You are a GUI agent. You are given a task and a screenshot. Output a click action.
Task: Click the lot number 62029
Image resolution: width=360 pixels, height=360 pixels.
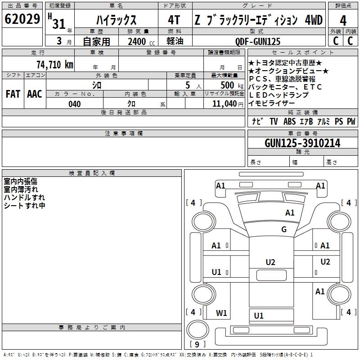point(22,20)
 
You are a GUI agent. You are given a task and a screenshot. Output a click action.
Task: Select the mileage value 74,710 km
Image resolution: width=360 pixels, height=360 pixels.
point(54,64)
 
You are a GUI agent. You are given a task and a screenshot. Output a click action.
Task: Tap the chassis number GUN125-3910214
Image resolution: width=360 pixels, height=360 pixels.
point(302,143)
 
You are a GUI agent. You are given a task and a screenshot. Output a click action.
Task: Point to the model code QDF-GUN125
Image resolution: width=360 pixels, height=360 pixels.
point(258,41)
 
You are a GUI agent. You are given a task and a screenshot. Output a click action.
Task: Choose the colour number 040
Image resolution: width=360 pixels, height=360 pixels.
point(74,104)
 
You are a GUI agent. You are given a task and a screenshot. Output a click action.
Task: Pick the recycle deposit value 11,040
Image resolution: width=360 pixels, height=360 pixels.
point(224,104)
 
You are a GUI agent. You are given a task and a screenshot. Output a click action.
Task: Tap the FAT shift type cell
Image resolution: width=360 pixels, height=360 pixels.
point(13,94)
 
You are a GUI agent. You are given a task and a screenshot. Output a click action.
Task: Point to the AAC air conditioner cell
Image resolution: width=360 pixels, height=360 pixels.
point(35,94)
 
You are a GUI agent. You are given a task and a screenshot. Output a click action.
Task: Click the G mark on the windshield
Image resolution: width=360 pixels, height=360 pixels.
point(283,229)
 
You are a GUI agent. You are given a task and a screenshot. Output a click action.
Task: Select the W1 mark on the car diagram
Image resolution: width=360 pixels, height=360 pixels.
point(221,313)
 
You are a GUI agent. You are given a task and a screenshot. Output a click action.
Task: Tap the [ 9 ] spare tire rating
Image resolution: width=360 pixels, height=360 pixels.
point(197,344)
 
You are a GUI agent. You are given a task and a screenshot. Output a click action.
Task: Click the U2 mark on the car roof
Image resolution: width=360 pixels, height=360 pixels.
point(270,262)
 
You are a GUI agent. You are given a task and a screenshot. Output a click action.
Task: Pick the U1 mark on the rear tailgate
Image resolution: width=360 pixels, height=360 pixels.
point(259,316)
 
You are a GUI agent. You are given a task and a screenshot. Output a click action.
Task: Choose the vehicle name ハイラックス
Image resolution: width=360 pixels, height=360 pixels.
point(116,20)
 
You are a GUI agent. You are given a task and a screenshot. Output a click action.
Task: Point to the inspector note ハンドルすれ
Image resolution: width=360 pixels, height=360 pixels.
point(24,197)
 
